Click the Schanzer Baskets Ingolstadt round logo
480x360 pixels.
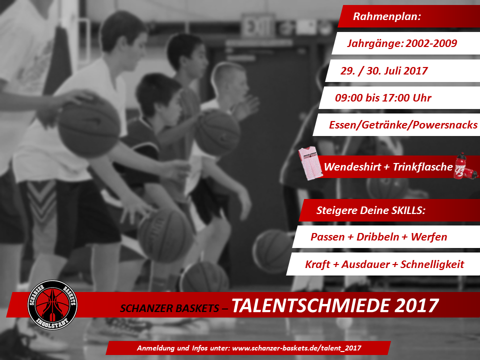click(x=52, y=305)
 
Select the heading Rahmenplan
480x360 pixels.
click(x=387, y=16)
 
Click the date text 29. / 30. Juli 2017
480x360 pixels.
click(x=384, y=70)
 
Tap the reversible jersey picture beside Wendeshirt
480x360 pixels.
click(x=310, y=163)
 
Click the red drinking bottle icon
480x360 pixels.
click(x=465, y=166)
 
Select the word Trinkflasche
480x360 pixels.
click(x=423, y=167)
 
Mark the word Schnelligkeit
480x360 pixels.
click(x=432, y=264)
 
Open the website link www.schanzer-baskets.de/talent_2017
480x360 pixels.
click(x=296, y=348)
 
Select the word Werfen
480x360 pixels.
click(x=429, y=237)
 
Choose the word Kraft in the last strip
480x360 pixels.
click(x=317, y=264)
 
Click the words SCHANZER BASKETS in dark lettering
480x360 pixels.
click(x=169, y=308)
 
